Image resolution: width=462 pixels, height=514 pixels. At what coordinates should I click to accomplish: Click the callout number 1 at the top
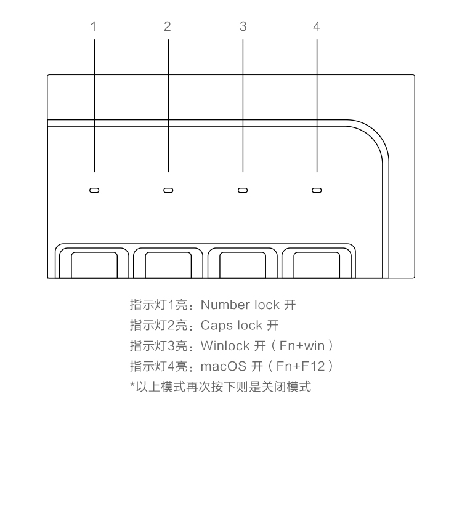[x=94, y=26]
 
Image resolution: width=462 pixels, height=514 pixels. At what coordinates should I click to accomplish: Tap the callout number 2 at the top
[x=168, y=26]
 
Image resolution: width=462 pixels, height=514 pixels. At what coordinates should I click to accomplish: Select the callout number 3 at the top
[x=243, y=26]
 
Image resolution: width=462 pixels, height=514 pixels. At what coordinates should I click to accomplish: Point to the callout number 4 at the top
[x=316, y=26]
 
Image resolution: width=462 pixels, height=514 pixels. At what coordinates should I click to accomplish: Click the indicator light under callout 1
[x=94, y=190]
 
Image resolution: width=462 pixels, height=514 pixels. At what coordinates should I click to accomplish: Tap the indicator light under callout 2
[x=168, y=190]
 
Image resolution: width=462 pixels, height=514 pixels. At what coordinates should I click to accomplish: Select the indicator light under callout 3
[x=243, y=190]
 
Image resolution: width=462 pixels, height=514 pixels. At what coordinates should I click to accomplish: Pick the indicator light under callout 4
[x=317, y=190]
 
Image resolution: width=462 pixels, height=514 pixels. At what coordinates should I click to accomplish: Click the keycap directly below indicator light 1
[x=94, y=265]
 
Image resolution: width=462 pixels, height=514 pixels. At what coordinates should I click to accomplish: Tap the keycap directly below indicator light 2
[x=168, y=265]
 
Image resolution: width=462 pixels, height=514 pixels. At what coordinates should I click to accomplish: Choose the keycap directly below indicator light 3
[x=243, y=265]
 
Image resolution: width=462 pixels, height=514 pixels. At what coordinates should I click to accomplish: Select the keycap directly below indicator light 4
[x=317, y=265]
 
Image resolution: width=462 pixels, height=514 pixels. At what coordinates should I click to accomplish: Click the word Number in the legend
[x=225, y=305]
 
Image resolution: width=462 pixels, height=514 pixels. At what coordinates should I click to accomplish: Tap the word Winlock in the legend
[x=225, y=346]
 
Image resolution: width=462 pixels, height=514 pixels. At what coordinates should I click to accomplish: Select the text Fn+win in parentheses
[x=302, y=346]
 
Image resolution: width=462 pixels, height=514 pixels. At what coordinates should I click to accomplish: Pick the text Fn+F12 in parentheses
[x=301, y=366]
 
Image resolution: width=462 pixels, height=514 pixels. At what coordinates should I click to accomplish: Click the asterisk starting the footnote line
[x=132, y=384]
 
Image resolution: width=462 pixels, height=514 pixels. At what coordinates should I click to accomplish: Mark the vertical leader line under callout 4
[x=317, y=106]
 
